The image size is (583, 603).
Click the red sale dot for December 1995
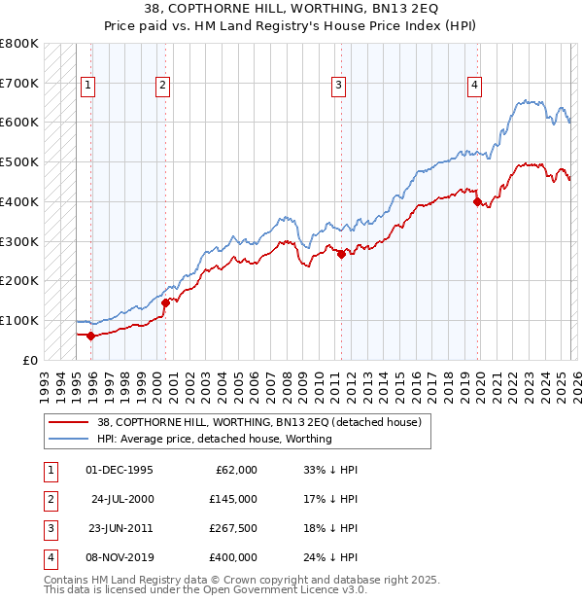point(91,336)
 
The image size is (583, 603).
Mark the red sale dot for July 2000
point(165,302)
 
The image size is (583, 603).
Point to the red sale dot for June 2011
point(341,254)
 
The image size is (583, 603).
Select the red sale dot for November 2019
point(477,201)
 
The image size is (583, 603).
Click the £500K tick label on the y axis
point(19,162)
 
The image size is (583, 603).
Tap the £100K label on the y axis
point(19,320)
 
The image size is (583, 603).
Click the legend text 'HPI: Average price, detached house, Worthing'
point(215,439)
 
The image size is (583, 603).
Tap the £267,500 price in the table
point(232,529)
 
